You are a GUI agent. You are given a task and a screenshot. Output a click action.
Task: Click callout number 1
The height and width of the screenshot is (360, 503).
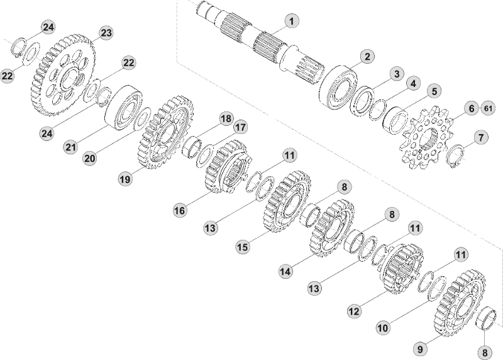point(290,21)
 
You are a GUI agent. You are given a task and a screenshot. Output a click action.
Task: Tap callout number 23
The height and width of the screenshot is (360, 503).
point(105,33)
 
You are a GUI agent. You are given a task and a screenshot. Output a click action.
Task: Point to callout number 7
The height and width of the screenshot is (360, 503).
point(480,137)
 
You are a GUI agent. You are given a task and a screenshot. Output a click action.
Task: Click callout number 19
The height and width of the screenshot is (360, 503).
point(126,179)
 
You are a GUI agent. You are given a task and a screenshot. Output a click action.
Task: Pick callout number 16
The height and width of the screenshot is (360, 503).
point(180,210)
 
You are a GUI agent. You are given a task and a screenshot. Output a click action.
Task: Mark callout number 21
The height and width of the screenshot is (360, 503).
point(70,147)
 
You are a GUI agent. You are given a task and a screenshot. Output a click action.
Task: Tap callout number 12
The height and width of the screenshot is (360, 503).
point(354,311)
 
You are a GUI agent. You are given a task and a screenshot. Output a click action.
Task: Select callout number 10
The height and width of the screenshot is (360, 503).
point(382,328)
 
